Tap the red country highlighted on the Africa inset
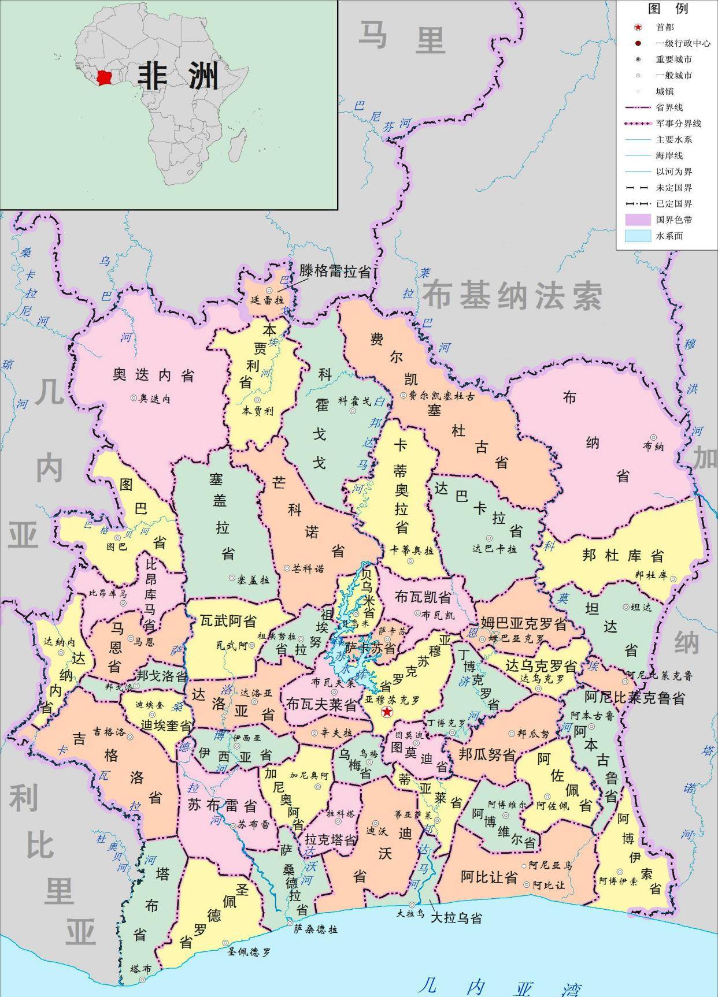pos(104,78)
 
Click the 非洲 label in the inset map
pos(178,76)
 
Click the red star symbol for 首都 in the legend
pos(638,27)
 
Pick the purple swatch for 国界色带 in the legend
pos(638,220)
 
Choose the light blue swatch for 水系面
pos(638,236)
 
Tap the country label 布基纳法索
pos(512,296)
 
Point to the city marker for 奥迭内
pos(134,397)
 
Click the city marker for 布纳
pos(654,438)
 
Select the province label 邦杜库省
pos(623,556)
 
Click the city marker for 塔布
pos(142,979)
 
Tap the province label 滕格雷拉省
pos(334,271)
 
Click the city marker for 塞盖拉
pos(232,577)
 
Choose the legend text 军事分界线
pos(678,124)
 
